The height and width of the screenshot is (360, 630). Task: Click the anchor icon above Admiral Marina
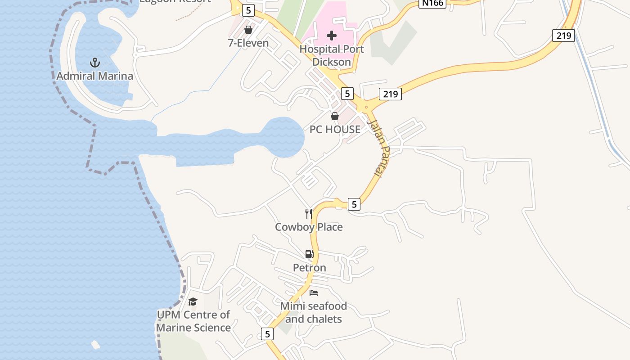pos(94,62)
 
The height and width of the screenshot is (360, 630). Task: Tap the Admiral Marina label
pos(94,76)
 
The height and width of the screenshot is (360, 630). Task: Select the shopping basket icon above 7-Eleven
pos(248,30)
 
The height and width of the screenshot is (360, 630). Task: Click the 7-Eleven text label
pos(248,43)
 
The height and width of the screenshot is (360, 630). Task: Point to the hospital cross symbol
pos(332,36)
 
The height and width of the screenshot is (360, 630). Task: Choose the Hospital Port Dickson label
pos(332,55)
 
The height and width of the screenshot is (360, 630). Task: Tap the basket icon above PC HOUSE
pos(335,116)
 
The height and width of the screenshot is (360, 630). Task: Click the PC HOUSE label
pos(335,130)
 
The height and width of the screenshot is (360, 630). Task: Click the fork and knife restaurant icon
pos(309,213)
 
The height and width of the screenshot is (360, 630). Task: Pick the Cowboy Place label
pos(309,227)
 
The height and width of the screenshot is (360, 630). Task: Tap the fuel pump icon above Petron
pos(309,254)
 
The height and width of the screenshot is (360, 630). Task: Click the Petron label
pos(309,268)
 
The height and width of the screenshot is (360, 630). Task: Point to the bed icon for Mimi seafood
pos(314,293)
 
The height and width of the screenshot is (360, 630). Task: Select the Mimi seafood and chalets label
pos(314,312)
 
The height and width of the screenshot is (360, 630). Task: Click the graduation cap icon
pos(193,301)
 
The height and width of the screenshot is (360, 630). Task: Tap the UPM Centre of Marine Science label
pos(193,321)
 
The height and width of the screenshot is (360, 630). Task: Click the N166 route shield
pos(432,3)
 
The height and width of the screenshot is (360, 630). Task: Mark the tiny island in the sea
pos(95,345)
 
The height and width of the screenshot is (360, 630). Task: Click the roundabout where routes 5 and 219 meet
pos(366,108)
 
